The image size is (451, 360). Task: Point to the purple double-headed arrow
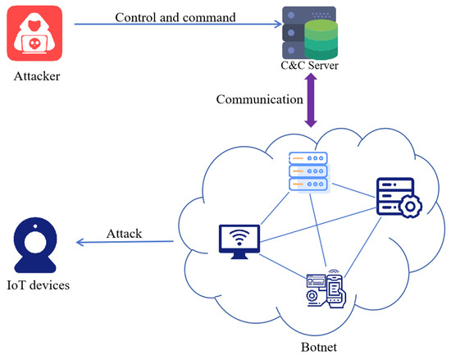pyautogui.click(x=311, y=99)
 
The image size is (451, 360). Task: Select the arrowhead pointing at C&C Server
pyautogui.click(x=276, y=25)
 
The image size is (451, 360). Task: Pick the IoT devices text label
pyautogui.click(x=39, y=285)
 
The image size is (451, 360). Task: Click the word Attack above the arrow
pyautogui.click(x=124, y=234)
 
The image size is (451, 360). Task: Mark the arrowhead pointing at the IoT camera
pyautogui.click(x=80, y=243)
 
